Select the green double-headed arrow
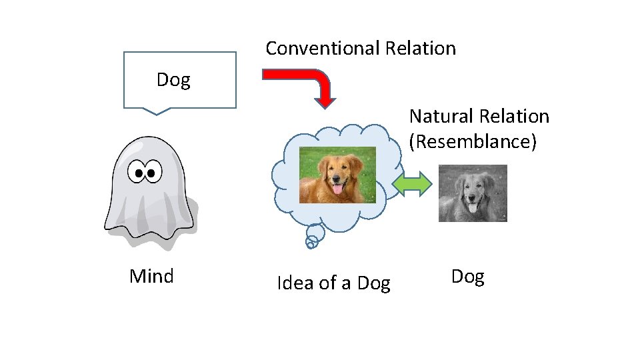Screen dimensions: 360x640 [413, 184]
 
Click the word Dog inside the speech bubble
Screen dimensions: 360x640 [173, 80]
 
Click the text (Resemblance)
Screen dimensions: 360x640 [473, 142]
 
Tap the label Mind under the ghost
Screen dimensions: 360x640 [151, 276]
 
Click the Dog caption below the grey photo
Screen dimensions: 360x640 [467, 276]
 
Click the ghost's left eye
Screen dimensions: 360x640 [139, 174]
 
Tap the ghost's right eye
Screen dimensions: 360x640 [153, 173]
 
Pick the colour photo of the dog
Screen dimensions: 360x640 [337, 175]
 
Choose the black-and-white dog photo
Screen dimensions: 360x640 [473, 193]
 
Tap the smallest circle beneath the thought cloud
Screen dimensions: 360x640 [309, 245]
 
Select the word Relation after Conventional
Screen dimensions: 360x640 [420, 48]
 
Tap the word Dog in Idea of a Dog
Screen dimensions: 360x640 [373, 283]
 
